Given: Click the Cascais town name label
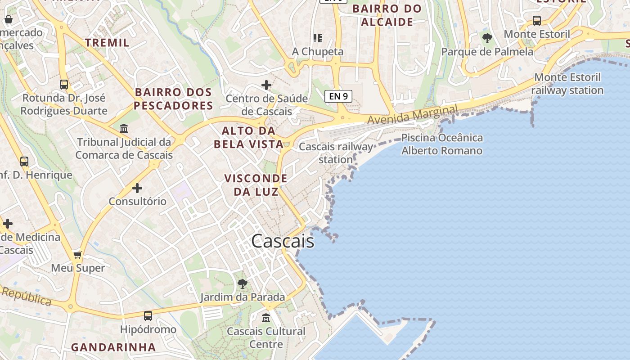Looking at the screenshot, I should pyautogui.click(x=283, y=241).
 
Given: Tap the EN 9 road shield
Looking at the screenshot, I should pyautogui.click(x=338, y=96).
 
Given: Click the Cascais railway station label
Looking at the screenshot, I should pyautogui.click(x=336, y=153).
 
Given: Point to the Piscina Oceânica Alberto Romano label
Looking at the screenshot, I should pyautogui.click(x=441, y=144).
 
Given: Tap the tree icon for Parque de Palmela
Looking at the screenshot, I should pyautogui.click(x=487, y=38).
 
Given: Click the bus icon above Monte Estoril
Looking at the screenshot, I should pyautogui.click(x=536, y=20).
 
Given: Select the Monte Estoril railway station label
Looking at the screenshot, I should pyautogui.click(x=567, y=84).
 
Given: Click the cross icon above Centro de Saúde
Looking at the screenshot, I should pyautogui.click(x=266, y=85).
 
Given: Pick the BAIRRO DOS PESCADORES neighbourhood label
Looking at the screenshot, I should pyautogui.click(x=174, y=99).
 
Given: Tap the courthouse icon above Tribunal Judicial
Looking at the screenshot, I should pyautogui.click(x=124, y=129).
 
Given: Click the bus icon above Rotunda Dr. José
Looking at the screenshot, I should pyautogui.click(x=64, y=84).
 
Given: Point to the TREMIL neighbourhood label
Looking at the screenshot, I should pyautogui.click(x=107, y=43).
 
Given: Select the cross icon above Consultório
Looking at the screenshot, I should pyautogui.click(x=137, y=188).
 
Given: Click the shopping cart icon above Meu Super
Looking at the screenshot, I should pyautogui.click(x=78, y=255).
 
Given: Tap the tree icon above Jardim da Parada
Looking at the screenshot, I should pyautogui.click(x=242, y=283).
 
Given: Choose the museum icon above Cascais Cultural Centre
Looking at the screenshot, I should pyautogui.click(x=266, y=318).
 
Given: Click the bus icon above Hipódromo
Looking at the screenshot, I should pyautogui.click(x=148, y=316).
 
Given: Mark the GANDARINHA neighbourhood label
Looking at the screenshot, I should pyautogui.click(x=113, y=347).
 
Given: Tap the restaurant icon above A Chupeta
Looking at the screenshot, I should pyautogui.click(x=318, y=38).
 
